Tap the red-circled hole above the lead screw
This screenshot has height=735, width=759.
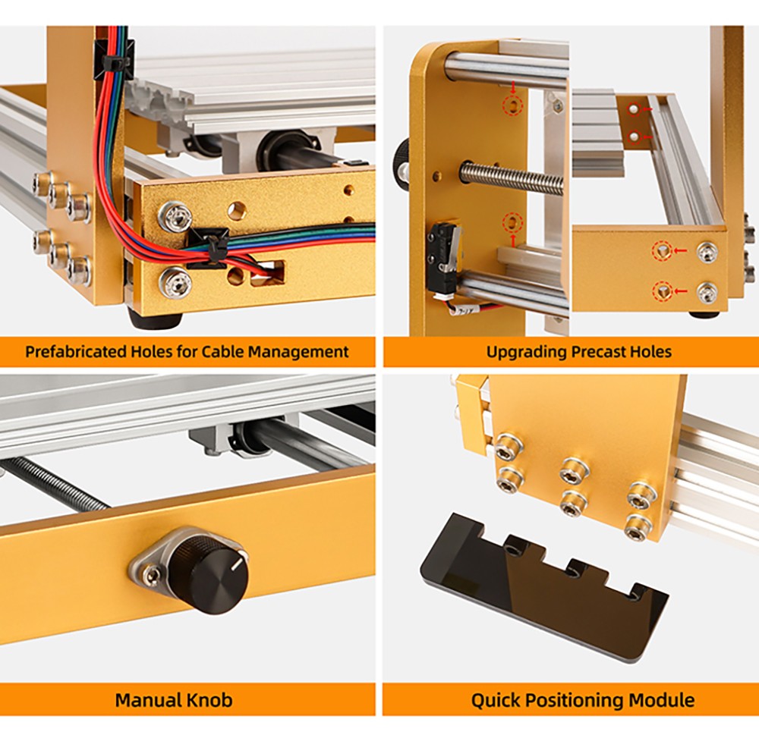pos(514,105)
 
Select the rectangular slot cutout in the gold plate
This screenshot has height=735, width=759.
pos(266,274)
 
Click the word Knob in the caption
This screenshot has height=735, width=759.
pos(204,699)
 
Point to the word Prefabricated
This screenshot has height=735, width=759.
pos(77,352)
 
